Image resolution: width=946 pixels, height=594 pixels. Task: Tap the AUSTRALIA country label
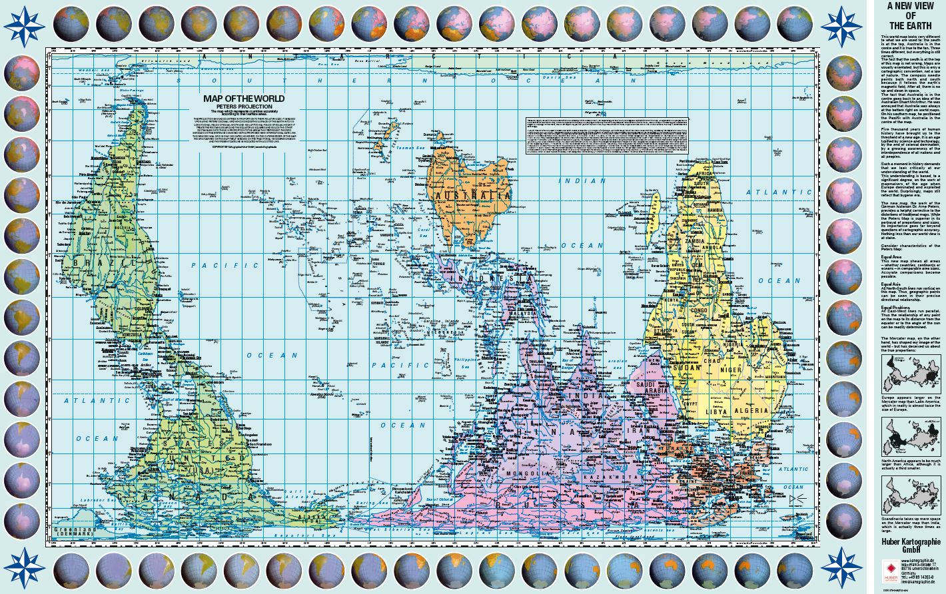coord(472,196)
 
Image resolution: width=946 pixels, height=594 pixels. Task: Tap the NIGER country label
coord(750,370)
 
